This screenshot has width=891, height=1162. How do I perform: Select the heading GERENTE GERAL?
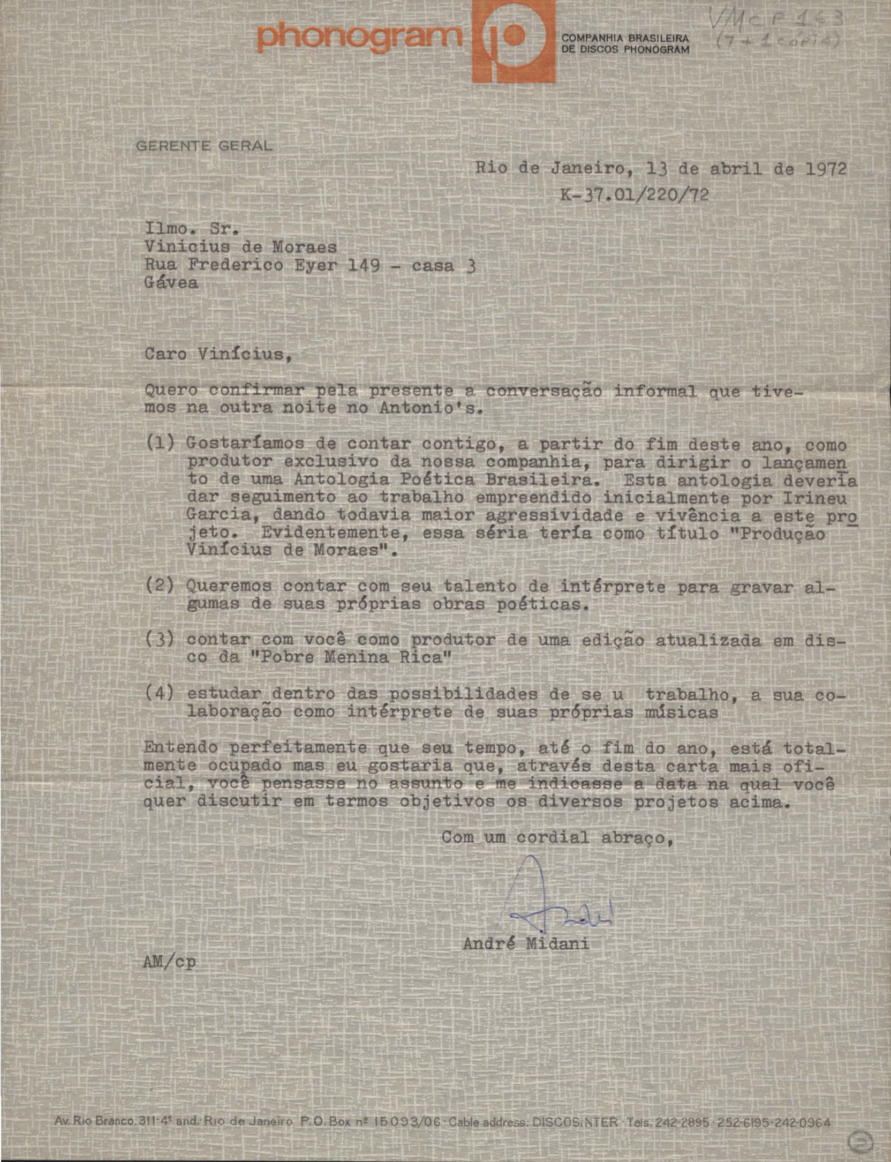204,145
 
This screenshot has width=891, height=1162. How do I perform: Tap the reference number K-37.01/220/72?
635,194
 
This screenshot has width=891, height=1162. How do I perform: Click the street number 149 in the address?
364,265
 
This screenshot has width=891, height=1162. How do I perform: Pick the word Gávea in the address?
171,282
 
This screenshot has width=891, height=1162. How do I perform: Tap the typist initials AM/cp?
170,977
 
